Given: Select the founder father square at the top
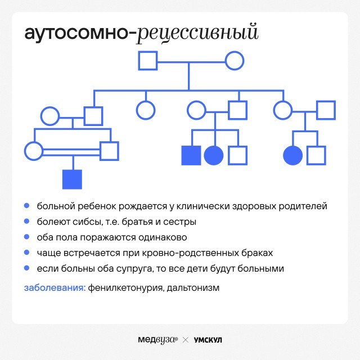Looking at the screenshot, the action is (147, 61).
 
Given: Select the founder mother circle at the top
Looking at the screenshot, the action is (235, 61).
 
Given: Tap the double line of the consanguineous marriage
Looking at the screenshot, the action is (71, 152).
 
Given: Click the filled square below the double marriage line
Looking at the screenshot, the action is (72, 179).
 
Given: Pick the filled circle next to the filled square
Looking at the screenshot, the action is (214, 155).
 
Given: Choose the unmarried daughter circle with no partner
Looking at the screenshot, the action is (146, 110).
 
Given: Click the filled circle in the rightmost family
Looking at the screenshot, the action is (292, 155).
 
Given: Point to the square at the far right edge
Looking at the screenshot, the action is (326, 110).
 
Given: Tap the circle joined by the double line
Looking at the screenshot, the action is (34, 151).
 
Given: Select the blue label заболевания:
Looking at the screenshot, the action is (55, 287).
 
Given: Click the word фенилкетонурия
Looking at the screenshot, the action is (126, 287).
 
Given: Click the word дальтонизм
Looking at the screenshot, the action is (193, 287).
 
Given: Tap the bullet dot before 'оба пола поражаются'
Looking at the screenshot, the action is (26, 237).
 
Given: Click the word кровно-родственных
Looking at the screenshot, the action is (190, 253).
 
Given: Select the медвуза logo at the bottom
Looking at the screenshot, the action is (157, 340).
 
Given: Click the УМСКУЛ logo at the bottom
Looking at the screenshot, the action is (208, 340).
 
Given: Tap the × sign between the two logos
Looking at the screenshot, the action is (186, 340).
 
